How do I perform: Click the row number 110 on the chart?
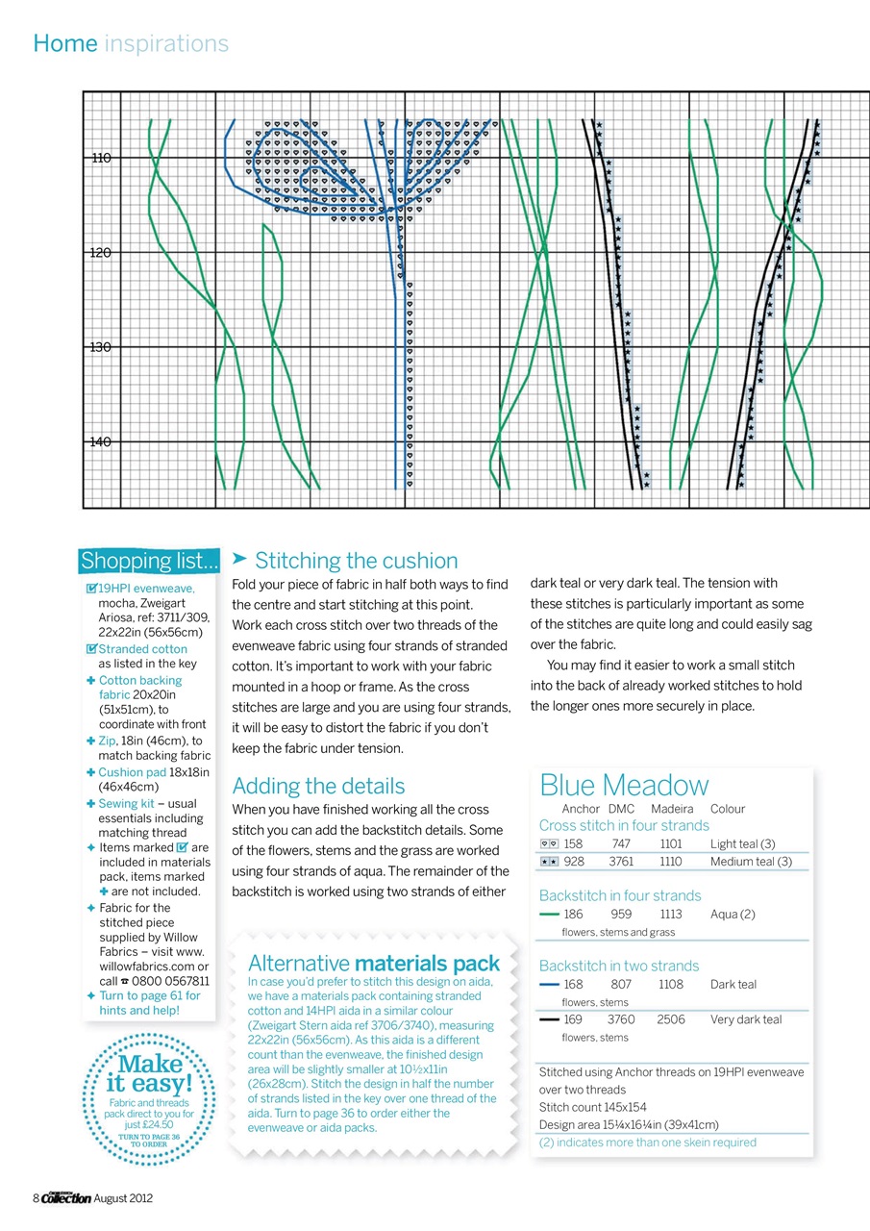(101, 158)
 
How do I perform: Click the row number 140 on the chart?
(101, 441)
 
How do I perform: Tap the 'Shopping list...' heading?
(149, 561)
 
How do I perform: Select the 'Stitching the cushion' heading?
(356, 561)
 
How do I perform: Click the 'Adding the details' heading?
(318, 786)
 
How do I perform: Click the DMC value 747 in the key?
(620, 843)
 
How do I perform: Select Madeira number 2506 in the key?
(670, 1019)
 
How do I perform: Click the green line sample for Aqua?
(550, 914)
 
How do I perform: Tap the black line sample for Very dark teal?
(550, 1019)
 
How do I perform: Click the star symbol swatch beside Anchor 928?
(550, 862)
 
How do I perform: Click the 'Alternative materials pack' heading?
(374, 963)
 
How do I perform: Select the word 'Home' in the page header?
(64, 43)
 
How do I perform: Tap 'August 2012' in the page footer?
(123, 1197)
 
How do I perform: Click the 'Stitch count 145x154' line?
(592, 1107)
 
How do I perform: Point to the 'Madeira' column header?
(671, 809)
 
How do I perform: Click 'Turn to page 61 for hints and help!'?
(149, 1003)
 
